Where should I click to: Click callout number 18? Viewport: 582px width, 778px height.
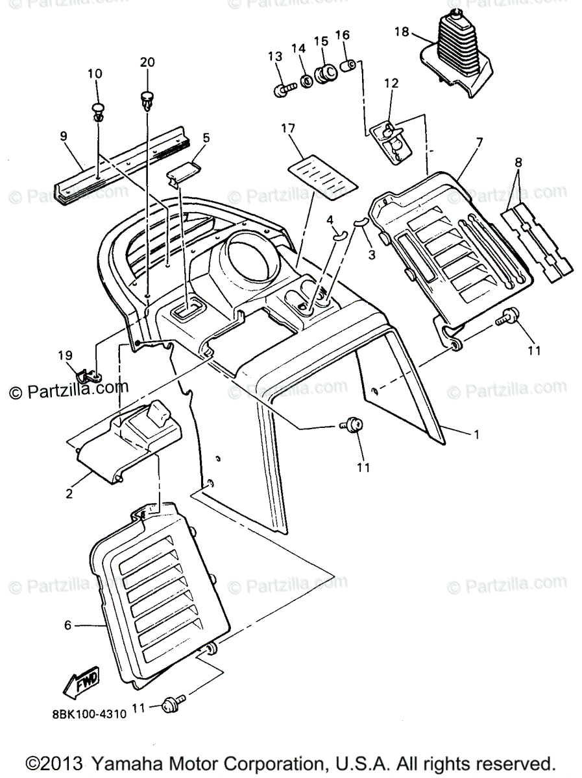(x=402, y=31)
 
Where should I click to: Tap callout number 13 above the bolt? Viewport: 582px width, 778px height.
(x=275, y=56)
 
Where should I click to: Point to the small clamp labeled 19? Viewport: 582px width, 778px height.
(x=87, y=375)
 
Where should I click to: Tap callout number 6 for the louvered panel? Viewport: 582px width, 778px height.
(x=67, y=626)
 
